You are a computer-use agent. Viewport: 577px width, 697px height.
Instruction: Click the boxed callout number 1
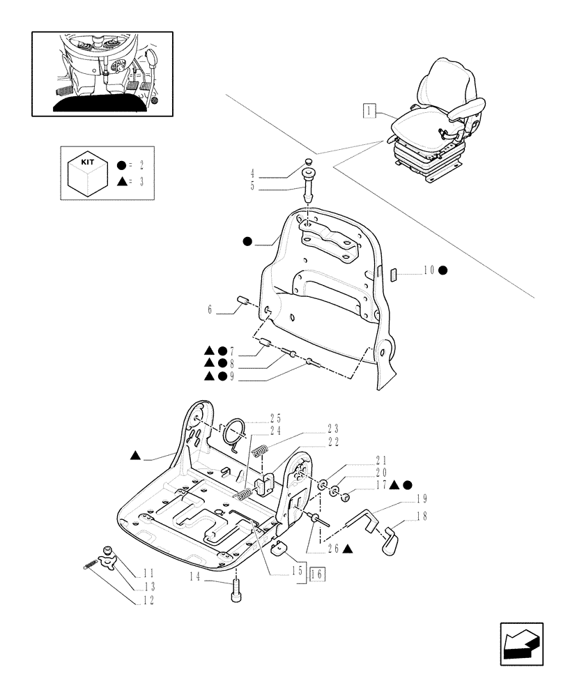point(369,110)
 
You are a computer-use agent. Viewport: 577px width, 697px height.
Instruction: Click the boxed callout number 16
point(316,574)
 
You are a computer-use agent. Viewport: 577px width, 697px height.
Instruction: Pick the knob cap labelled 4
point(307,164)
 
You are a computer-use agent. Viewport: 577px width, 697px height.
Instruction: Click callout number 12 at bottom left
point(147,599)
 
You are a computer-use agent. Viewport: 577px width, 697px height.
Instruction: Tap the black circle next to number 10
point(443,270)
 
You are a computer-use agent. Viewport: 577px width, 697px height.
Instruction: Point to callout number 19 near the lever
point(422,499)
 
